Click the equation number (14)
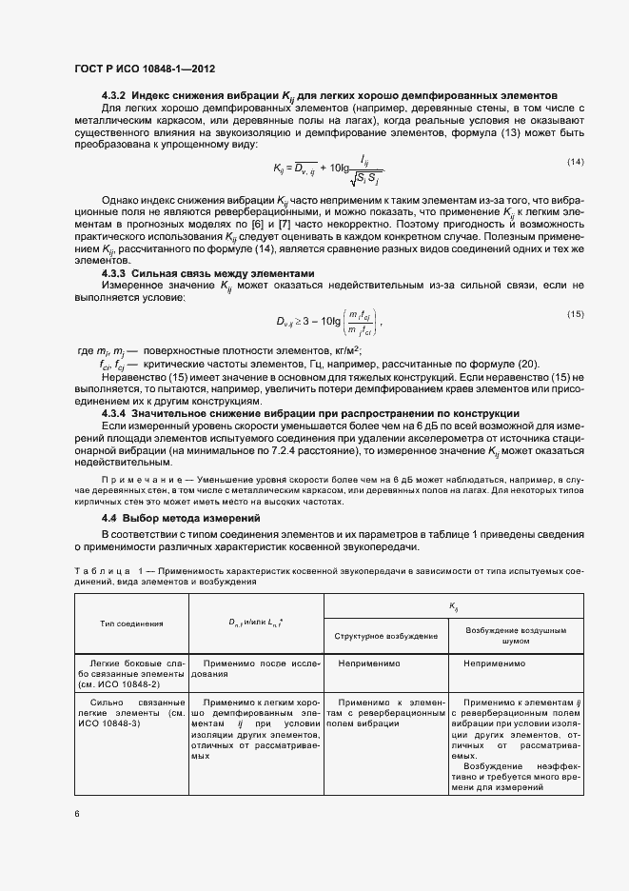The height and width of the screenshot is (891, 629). [575, 162]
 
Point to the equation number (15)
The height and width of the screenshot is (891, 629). [575, 313]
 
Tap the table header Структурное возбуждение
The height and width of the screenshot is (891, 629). [386, 635]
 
